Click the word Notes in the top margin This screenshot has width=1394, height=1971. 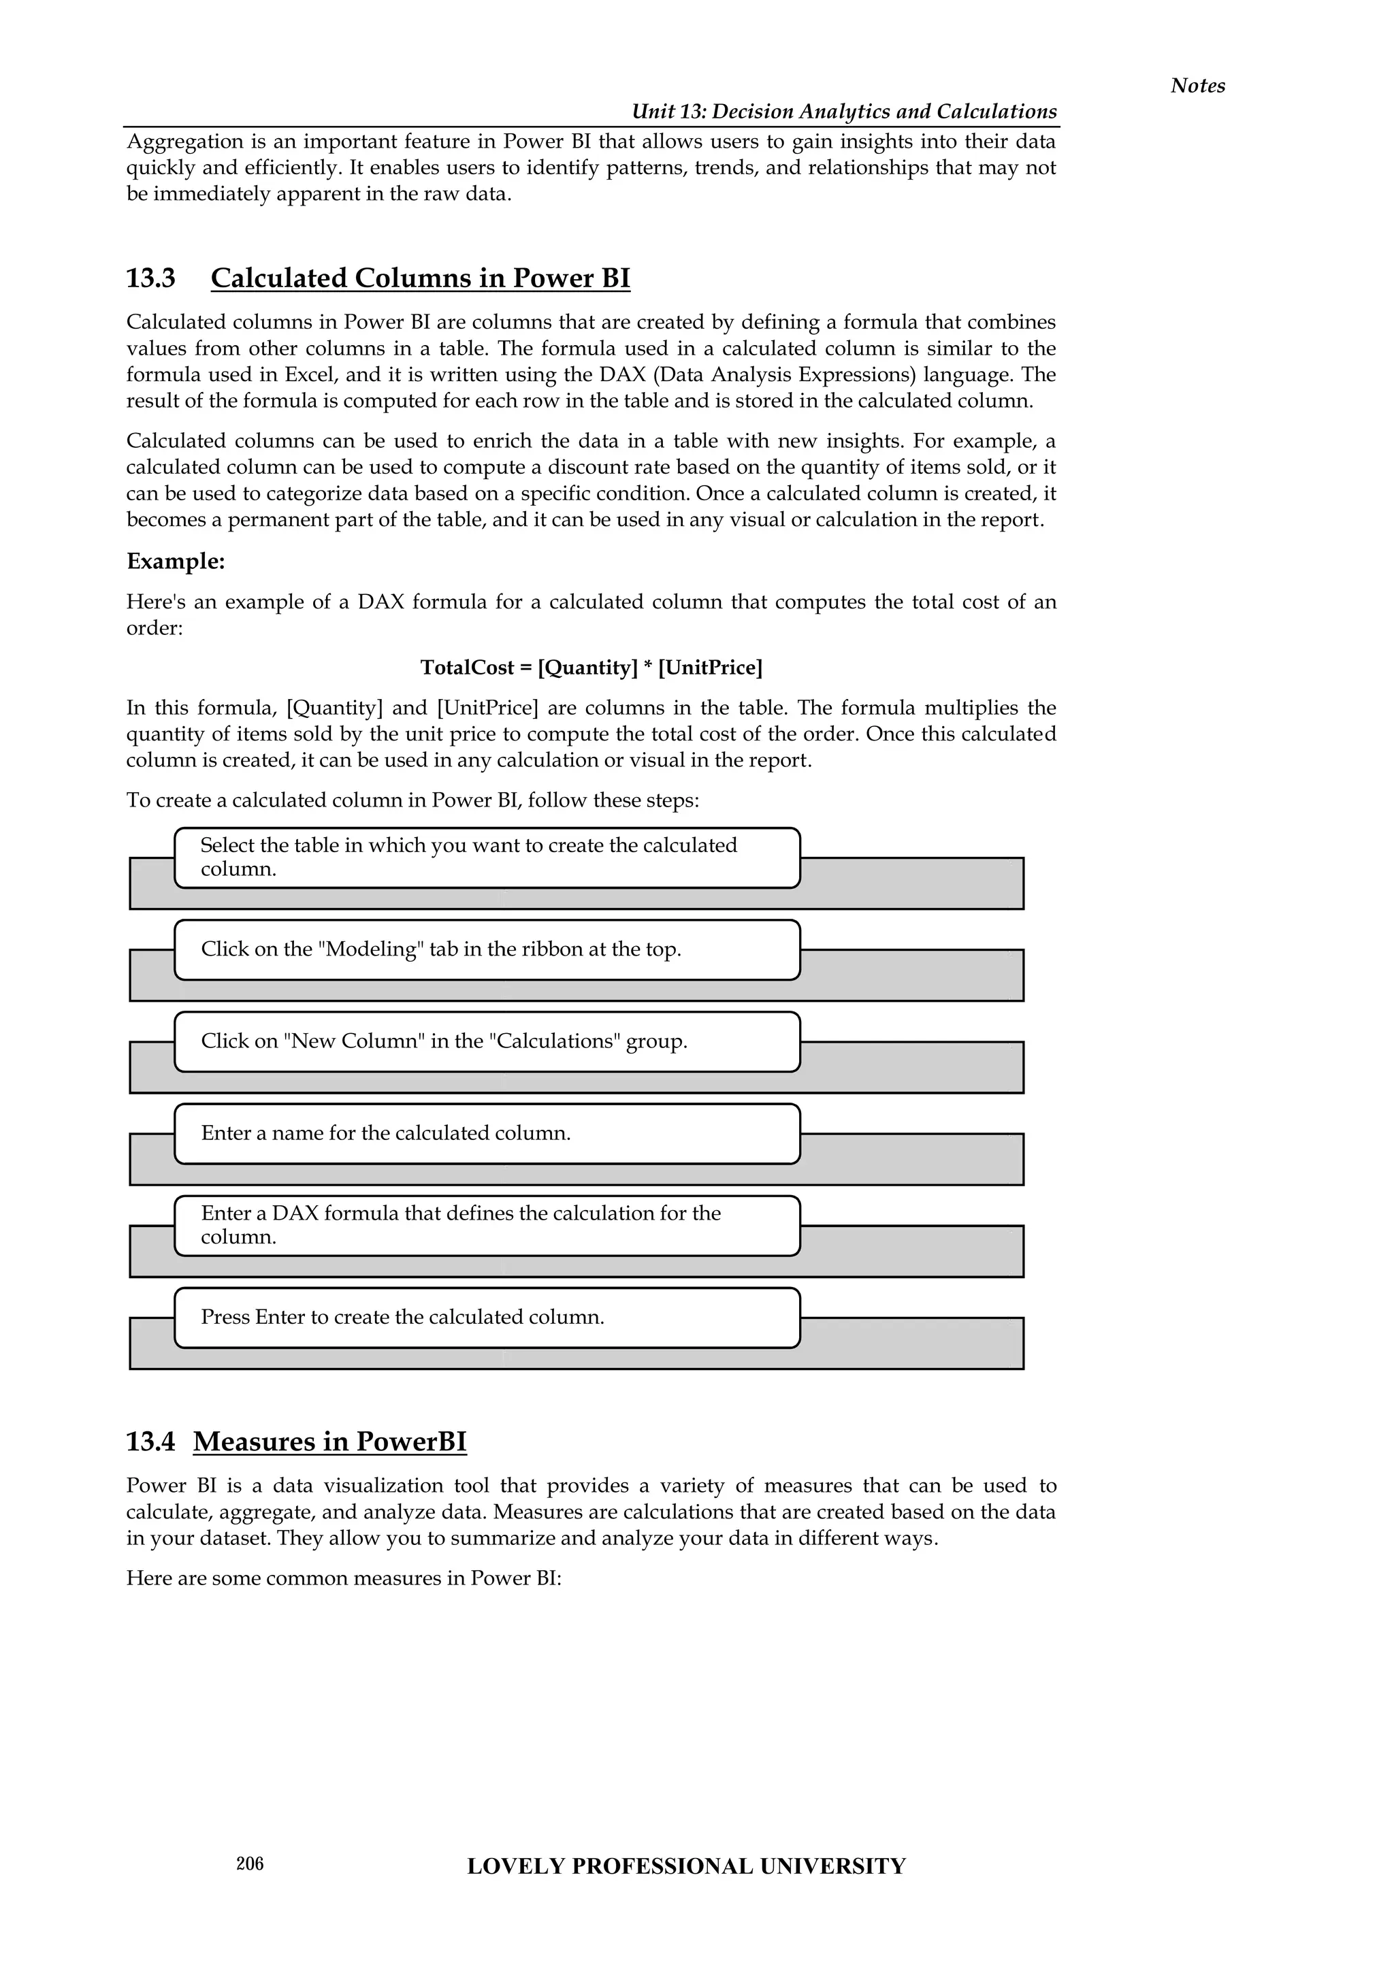pos(1197,85)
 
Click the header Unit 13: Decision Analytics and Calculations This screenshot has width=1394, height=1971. pos(844,112)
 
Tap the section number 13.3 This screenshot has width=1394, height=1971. pos(150,278)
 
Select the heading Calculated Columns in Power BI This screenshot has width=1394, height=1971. pos(420,278)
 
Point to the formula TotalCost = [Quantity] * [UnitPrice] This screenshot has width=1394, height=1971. pos(591,668)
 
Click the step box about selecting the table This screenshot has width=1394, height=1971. pos(487,857)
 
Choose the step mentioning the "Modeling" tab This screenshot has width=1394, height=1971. pos(487,949)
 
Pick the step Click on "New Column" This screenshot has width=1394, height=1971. pos(487,1041)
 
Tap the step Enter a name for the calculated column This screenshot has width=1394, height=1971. pos(487,1133)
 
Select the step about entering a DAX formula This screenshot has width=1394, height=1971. pos(487,1225)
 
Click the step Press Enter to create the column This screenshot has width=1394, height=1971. pos(487,1317)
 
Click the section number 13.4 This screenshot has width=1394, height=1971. pos(150,1441)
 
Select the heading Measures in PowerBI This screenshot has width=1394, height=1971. pos(329,1441)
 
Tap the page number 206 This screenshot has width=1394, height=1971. pos(250,1863)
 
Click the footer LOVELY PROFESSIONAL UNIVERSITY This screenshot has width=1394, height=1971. pos(686,1866)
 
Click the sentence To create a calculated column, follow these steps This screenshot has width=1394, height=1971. pos(412,800)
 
